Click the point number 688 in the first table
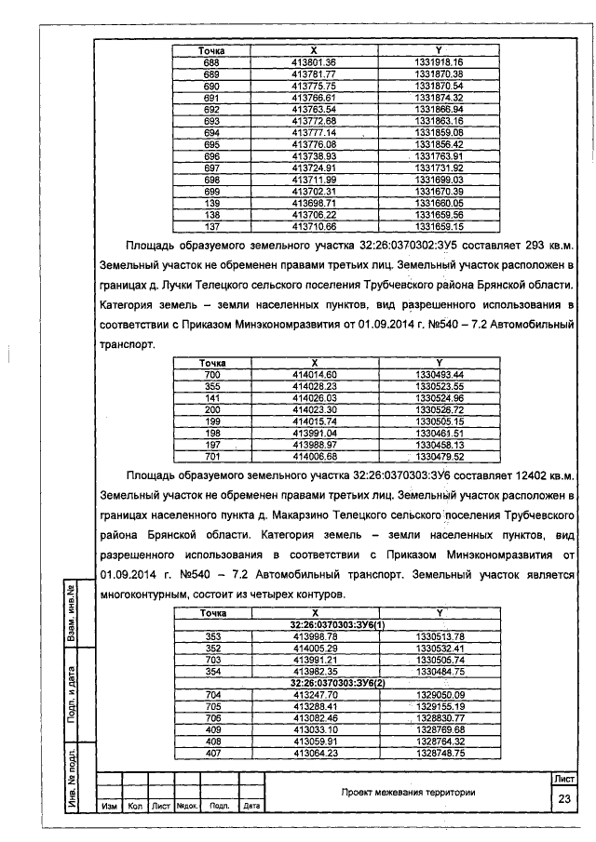pyautogui.click(x=211, y=61)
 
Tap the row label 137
pyautogui.click(x=211, y=225)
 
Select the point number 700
pyautogui.click(x=211, y=374)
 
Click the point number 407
pyautogui.click(x=211, y=753)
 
